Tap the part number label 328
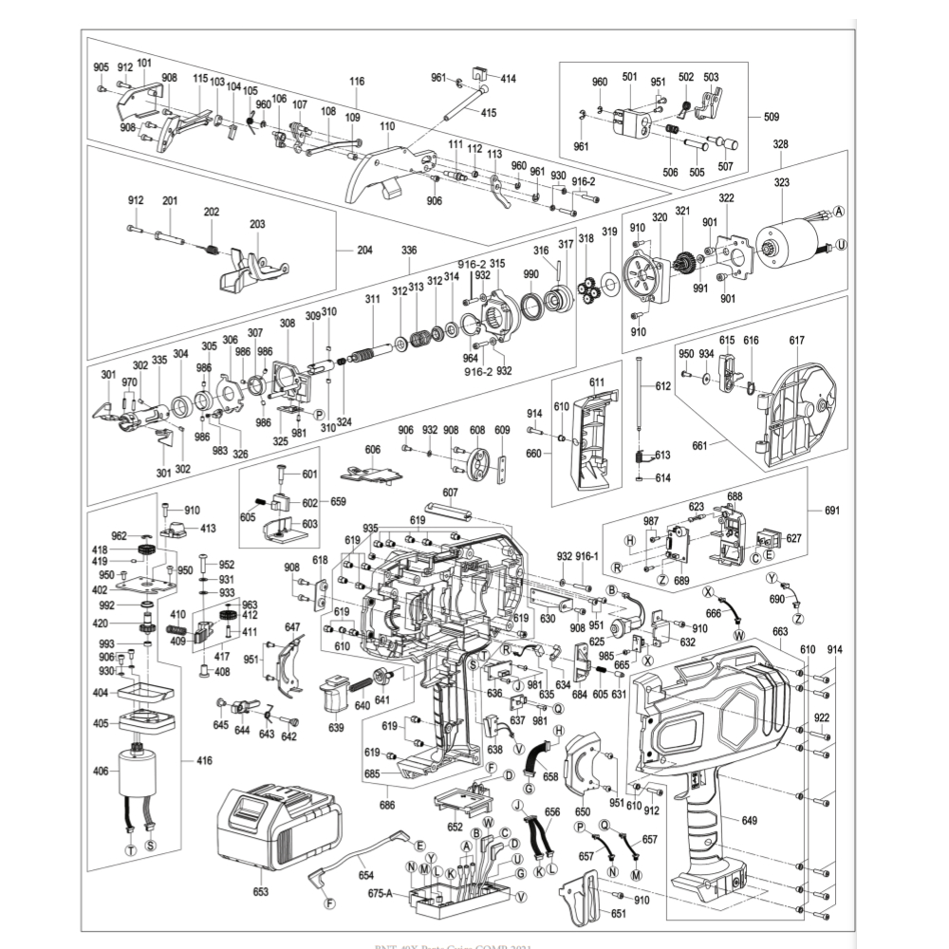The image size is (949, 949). pyautogui.click(x=780, y=145)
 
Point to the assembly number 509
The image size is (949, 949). pyautogui.click(x=772, y=118)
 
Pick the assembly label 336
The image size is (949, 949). pyautogui.click(x=408, y=251)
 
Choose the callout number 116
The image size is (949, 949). pyautogui.click(x=356, y=83)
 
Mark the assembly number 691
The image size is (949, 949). pyautogui.click(x=832, y=512)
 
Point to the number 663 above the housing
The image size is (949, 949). pyautogui.click(x=780, y=630)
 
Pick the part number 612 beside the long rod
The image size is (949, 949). pyautogui.click(x=661, y=386)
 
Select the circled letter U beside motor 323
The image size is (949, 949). pyautogui.click(x=843, y=246)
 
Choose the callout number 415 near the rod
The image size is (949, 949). pyautogui.click(x=488, y=113)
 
